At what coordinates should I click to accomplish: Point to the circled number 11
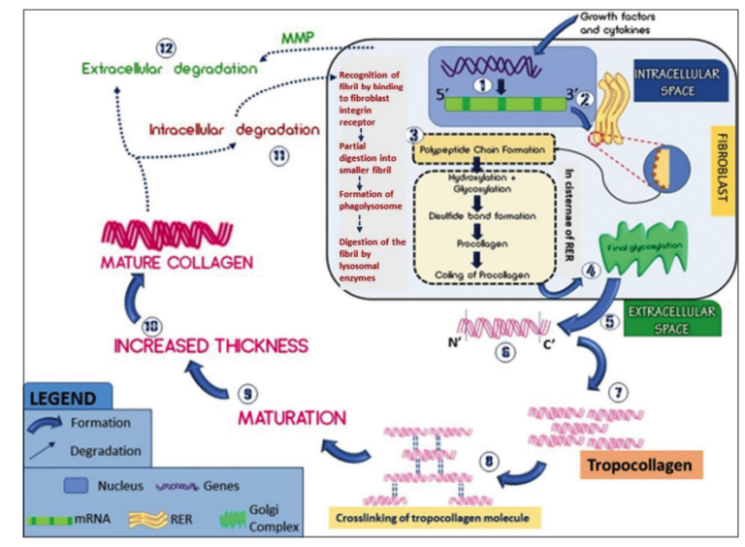(280, 152)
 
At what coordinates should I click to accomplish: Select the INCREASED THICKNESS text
(211, 345)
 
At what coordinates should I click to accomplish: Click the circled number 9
(246, 394)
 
